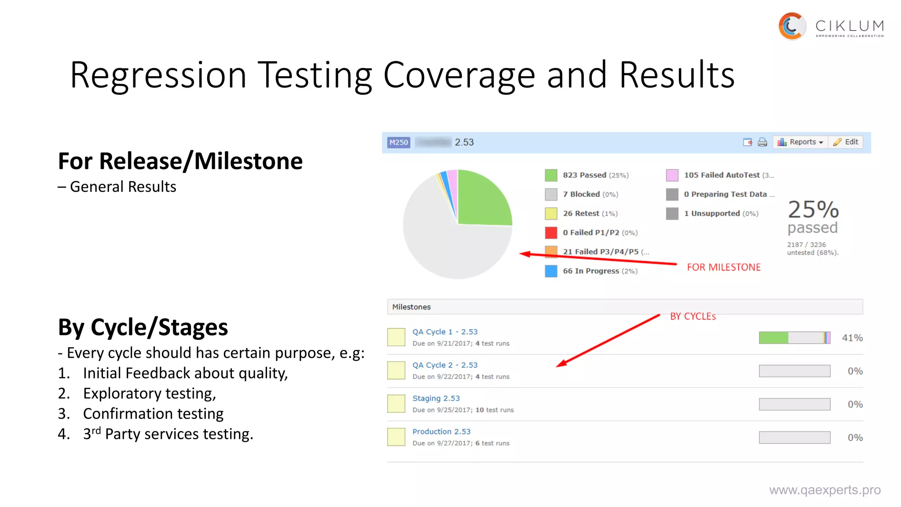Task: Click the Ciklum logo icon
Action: click(x=792, y=26)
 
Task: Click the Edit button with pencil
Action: click(x=846, y=142)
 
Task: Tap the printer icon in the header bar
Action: click(x=762, y=142)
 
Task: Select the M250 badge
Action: click(x=399, y=142)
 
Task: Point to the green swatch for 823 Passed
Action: click(x=551, y=175)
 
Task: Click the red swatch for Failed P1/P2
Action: click(x=551, y=232)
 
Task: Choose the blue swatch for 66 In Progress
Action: click(x=551, y=271)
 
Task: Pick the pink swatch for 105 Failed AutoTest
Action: click(x=672, y=175)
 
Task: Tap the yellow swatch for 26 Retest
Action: click(x=551, y=213)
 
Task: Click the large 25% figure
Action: click(x=813, y=209)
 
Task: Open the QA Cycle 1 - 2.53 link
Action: click(x=445, y=332)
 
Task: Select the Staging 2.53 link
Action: click(x=436, y=398)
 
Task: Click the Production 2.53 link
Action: click(x=441, y=431)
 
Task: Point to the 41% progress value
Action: click(x=852, y=338)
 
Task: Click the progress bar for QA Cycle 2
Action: click(x=794, y=371)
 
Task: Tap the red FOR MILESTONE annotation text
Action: click(x=724, y=267)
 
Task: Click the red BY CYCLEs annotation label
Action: click(x=693, y=316)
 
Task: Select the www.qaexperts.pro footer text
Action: click(x=825, y=490)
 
